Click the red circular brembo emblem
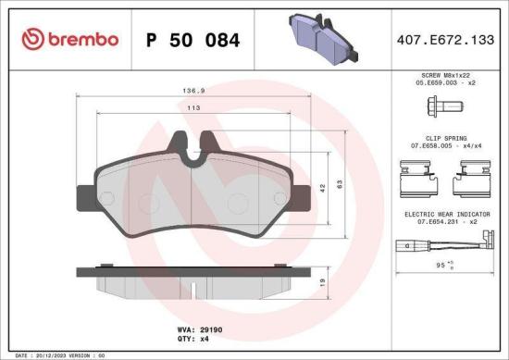(31, 40)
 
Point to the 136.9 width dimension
(192, 92)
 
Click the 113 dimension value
(192, 108)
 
